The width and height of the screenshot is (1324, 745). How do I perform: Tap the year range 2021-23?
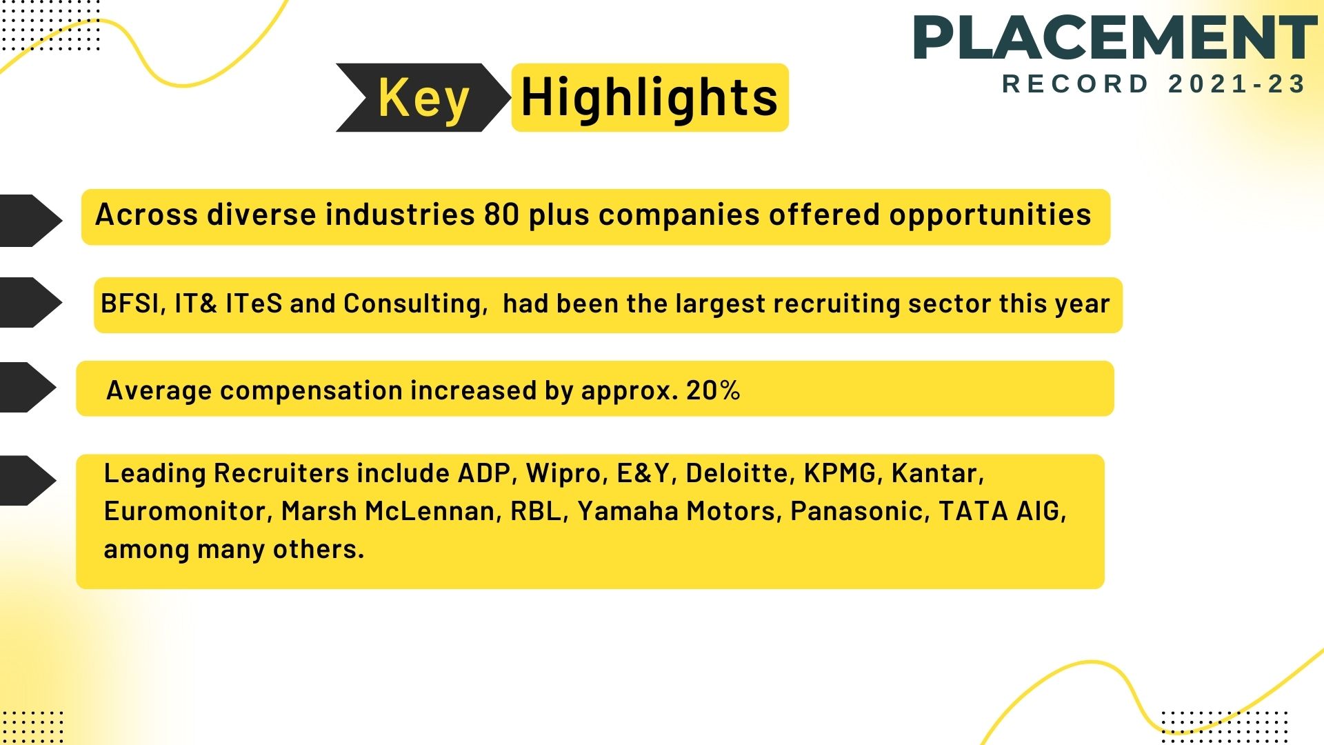pyautogui.click(x=1237, y=84)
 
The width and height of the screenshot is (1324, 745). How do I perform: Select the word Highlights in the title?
pyautogui.click(x=650, y=97)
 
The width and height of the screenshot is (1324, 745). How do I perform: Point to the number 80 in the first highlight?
pyautogui.click(x=501, y=215)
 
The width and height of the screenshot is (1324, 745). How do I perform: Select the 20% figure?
pyautogui.click(x=713, y=390)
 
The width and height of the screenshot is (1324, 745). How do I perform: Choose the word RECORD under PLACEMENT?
pyautogui.click(x=1075, y=84)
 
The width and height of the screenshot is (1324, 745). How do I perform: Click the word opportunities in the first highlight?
pyautogui.click(x=990, y=215)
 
